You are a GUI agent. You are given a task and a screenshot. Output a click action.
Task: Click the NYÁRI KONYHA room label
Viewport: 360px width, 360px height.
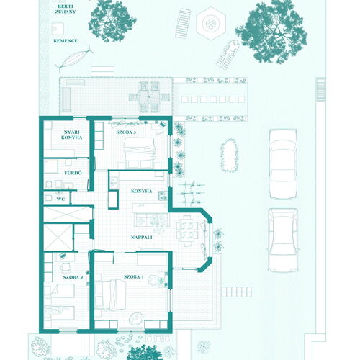[x=71, y=135]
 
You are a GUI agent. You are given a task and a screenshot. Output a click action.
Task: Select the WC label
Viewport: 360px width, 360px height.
[x=60, y=199]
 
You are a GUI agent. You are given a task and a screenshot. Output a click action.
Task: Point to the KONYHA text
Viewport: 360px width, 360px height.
[x=142, y=191]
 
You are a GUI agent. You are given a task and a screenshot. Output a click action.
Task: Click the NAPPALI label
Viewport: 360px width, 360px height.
[x=142, y=238]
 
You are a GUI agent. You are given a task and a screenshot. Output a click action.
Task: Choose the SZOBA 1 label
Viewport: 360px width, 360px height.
[x=134, y=277]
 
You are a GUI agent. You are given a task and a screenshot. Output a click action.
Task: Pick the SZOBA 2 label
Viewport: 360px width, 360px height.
[x=73, y=277]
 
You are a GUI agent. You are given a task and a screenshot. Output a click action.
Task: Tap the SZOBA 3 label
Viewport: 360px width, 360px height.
[x=126, y=132]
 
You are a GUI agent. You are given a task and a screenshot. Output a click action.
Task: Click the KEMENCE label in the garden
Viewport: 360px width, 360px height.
[x=66, y=41]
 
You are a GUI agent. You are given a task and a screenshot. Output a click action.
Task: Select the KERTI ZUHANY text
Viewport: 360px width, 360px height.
[x=66, y=9]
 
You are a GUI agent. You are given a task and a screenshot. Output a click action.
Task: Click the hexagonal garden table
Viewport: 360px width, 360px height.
[x=211, y=24]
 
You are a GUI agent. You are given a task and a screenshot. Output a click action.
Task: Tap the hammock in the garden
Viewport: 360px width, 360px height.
[x=74, y=58]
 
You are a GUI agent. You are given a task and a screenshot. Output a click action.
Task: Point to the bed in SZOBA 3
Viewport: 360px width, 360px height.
[x=140, y=152]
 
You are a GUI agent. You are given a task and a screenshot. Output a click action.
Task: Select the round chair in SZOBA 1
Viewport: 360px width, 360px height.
[x=136, y=318]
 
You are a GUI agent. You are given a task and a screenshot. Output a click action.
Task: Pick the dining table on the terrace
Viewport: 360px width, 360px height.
[x=149, y=97]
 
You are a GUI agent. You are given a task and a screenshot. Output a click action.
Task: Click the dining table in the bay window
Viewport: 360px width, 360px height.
[x=187, y=230]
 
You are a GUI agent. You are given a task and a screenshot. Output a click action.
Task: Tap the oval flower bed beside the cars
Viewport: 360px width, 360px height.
[x=230, y=156]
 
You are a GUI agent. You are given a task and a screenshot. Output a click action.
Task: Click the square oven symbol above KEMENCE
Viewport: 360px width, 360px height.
[x=58, y=29]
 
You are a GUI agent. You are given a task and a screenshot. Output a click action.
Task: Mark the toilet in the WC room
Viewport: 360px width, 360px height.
[x=49, y=198]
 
